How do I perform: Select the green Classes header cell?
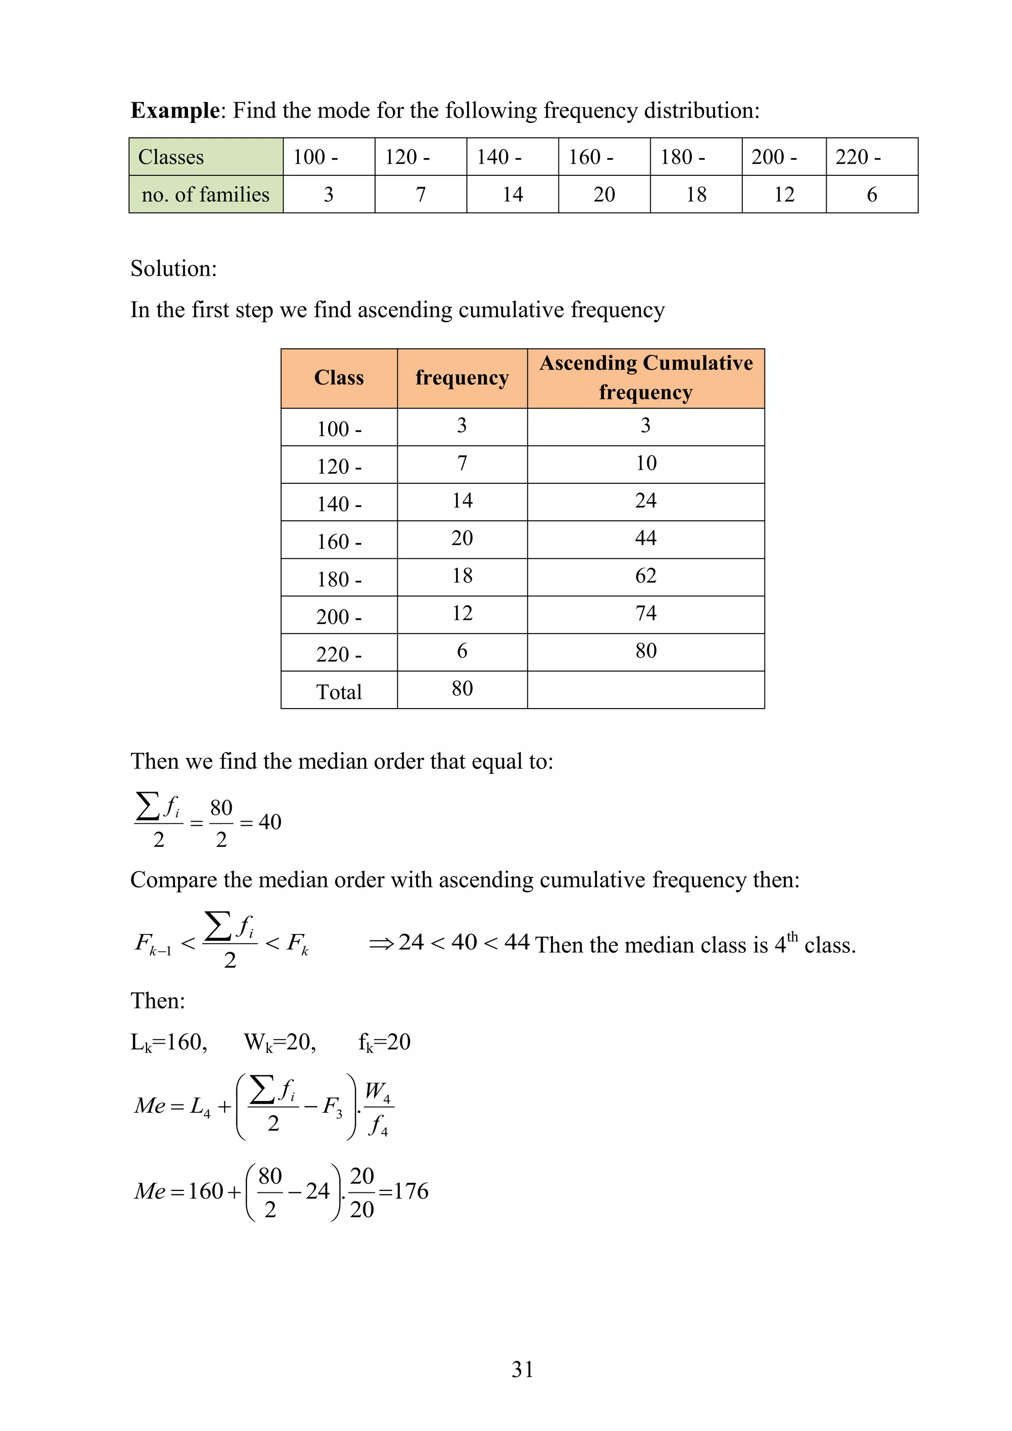click(206, 157)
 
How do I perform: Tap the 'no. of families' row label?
click(206, 195)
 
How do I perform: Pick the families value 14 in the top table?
click(512, 195)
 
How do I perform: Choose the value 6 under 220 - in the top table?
click(871, 195)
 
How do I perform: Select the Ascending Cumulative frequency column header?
click(645, 378)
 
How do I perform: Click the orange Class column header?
click(338, 378)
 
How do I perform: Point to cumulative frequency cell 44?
click(645, 538)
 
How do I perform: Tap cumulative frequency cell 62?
click(645, 575)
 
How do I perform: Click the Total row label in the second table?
click(338, 692)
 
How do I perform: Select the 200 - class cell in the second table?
click(338, 616)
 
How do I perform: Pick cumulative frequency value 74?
click(645, 613)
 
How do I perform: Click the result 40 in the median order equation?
click(270, 822)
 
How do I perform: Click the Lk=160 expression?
click(168, 1042)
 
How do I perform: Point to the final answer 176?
click(411, 1191)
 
